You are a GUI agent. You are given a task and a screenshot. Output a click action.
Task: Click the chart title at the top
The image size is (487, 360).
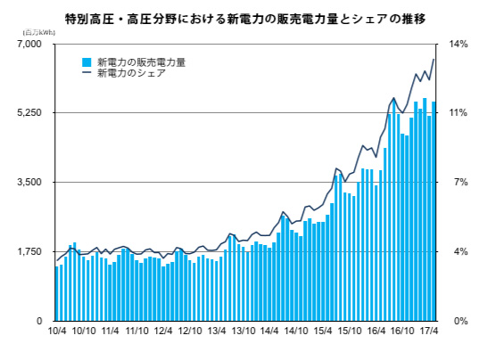[x=243, y=17]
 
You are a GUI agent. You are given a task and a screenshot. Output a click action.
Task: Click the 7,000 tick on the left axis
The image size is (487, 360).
[x=29, y=45]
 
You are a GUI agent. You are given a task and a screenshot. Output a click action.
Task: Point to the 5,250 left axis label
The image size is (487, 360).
[x=29, y=113]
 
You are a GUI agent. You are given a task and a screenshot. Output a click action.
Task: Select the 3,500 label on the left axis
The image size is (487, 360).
[x=29, y=182]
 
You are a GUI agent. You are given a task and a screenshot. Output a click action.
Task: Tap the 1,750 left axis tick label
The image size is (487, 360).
[x=29, y=251]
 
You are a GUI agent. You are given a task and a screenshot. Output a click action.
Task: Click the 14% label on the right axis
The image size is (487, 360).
[x=459, y=45]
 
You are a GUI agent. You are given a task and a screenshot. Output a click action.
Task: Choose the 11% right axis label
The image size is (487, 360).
[x=459, y=113]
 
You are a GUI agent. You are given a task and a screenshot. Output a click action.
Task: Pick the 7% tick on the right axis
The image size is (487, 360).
[x=458, y=182]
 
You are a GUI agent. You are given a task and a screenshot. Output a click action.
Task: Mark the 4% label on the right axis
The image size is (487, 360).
[x=458, y=251]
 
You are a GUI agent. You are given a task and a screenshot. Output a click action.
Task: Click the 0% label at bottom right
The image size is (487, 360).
[x=458, y=320]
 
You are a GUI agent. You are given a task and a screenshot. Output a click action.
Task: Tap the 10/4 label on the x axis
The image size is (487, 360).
[x=57, y=331]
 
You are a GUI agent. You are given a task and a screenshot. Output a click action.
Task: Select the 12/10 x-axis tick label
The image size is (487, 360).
[x=190, y=331]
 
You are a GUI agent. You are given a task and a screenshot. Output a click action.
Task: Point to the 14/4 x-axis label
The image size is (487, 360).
[x=269, y=331]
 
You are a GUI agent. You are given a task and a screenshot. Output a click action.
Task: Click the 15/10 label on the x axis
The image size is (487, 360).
[x=349, y=331]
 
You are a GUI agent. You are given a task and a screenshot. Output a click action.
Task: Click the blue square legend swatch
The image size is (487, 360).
[x=87, y=62]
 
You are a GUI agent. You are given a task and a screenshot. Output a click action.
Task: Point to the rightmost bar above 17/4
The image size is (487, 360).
[x=434, y=211]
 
